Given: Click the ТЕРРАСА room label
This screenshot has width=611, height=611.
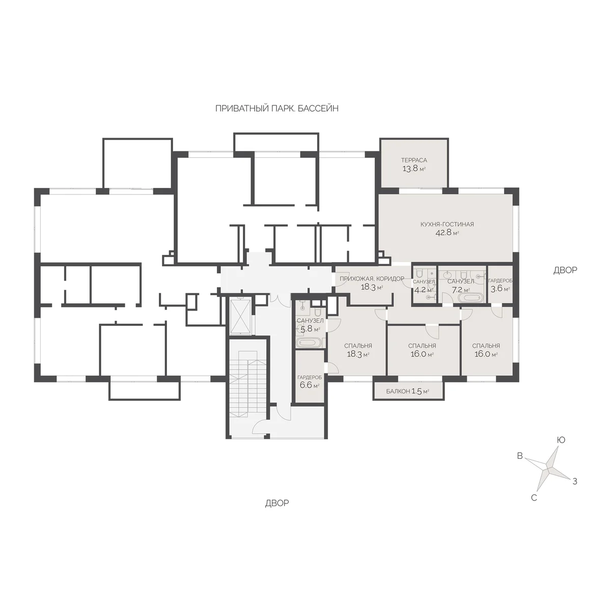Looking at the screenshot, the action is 414,160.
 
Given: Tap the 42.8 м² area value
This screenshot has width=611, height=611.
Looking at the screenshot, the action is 447,233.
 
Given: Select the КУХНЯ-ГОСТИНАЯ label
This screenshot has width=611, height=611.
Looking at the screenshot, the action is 447,224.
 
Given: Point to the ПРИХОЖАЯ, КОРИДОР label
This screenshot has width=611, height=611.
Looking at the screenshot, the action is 372,279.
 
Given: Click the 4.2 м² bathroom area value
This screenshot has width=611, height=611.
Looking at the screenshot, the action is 424,290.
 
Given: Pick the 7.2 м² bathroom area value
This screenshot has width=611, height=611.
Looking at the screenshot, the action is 460,290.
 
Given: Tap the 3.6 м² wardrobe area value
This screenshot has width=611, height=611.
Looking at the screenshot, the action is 500,289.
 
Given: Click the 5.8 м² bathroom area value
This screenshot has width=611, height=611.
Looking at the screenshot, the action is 310,329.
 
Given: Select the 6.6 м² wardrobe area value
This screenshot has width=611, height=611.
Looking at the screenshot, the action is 309,385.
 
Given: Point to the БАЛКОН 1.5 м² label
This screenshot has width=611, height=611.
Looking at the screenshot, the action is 407,391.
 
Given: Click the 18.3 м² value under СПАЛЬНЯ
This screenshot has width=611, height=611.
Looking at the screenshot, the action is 358,354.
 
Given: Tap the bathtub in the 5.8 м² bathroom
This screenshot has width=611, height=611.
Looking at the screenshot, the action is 310,343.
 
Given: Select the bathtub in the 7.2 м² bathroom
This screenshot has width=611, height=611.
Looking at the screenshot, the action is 470,298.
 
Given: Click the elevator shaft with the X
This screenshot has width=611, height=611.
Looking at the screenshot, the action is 241,316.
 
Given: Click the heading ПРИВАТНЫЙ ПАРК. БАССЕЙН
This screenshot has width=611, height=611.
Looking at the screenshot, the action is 277,108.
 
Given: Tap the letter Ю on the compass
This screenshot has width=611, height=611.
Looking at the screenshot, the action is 561,440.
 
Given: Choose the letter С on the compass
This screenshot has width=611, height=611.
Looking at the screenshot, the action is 534,498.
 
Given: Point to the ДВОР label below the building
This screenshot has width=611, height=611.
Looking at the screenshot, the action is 277,503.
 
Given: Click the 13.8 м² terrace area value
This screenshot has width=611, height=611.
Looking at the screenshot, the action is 414,169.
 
